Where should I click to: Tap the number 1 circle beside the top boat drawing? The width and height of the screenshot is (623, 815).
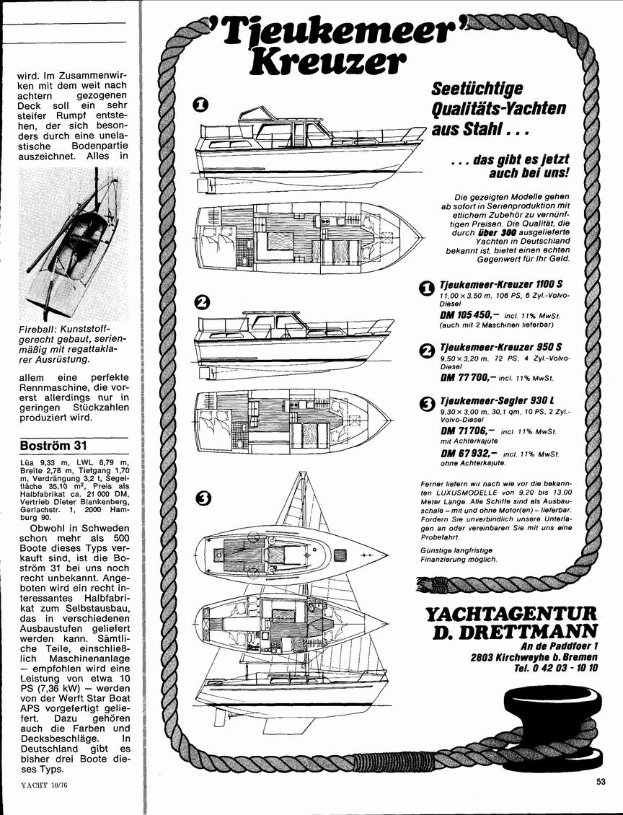(201, 105)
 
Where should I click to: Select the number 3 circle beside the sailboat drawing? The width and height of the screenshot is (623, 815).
(203, 499)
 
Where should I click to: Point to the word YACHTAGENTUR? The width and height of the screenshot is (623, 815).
(511, 614)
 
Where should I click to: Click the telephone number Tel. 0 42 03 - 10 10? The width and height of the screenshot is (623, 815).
(555, 668)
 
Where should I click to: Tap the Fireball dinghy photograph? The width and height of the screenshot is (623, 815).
(74, 244)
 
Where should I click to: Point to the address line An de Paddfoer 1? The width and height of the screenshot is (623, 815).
(559, 646)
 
